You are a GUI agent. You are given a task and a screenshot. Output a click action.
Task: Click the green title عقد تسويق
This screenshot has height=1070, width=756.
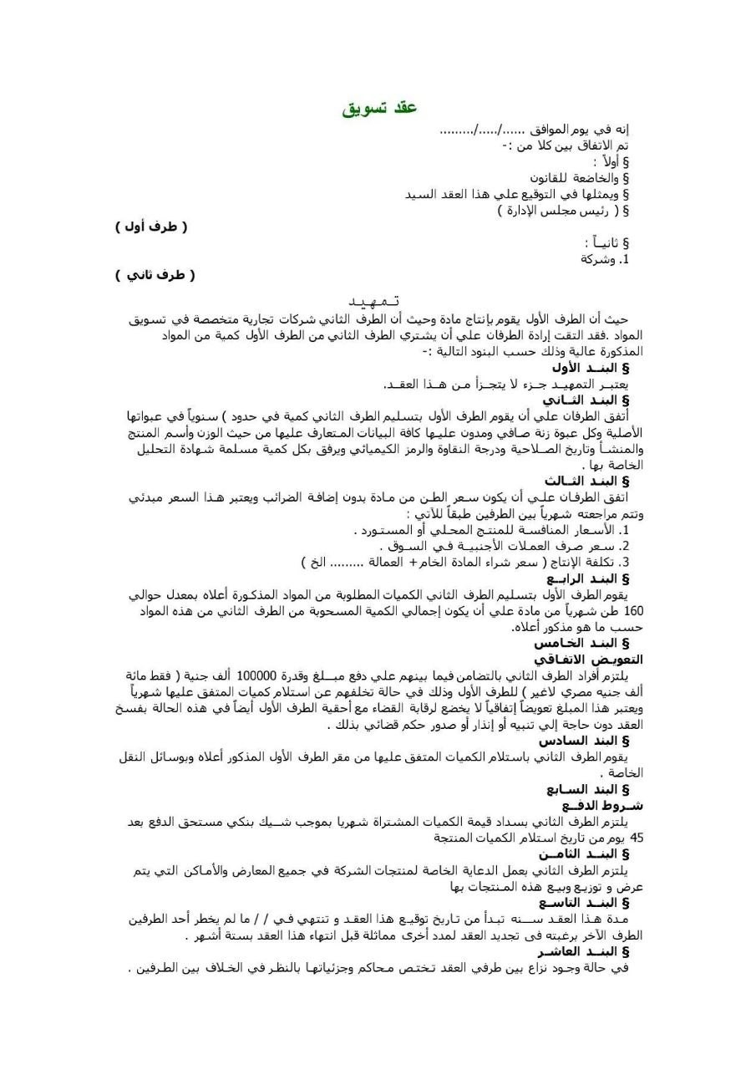tap(379, 110)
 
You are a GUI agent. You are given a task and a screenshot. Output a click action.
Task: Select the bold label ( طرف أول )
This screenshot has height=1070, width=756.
tap(151, 227)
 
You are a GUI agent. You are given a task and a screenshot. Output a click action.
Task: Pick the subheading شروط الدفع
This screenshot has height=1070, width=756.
tap(595, 806)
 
